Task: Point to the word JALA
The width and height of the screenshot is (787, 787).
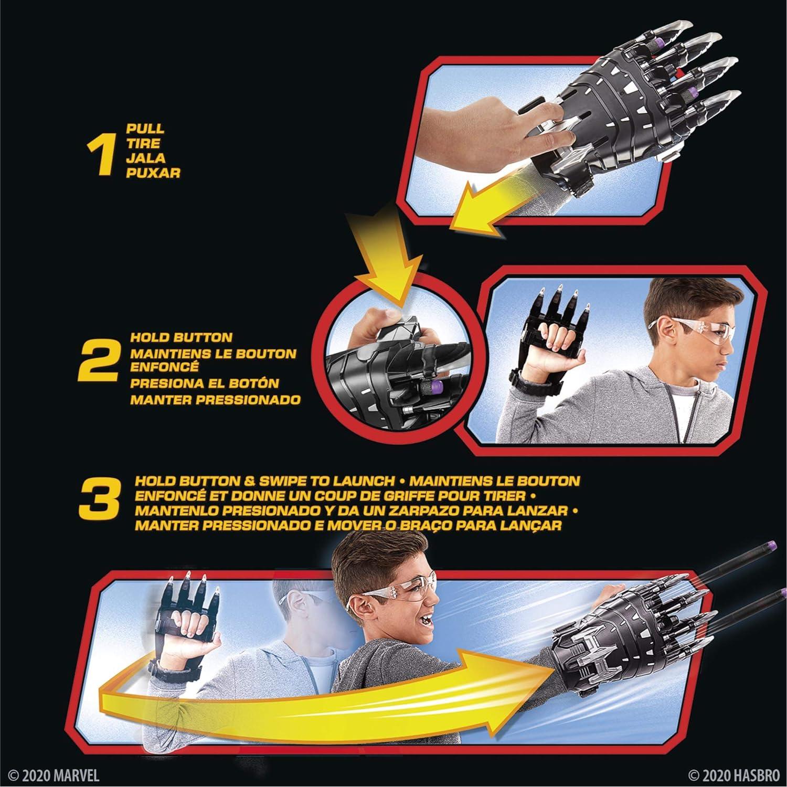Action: click(x=145, y=158)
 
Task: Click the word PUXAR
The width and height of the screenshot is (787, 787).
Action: click(x=153, y=173)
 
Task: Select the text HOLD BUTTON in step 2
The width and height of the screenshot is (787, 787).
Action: click(x=181, y=337)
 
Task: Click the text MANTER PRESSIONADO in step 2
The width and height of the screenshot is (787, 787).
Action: click(x=215, y=400)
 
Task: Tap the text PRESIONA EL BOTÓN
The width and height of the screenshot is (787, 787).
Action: click(x=205, y=384)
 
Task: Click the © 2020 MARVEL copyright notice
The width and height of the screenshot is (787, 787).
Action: click(x=54, y=775)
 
